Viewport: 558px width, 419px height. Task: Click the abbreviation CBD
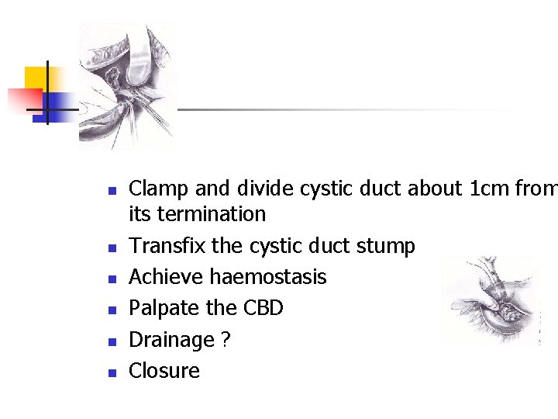click(263, 308)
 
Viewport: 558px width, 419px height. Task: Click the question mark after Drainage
click(226, 340)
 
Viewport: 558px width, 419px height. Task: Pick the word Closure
click(164, 371)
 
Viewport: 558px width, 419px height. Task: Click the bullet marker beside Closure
click(112, 373)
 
